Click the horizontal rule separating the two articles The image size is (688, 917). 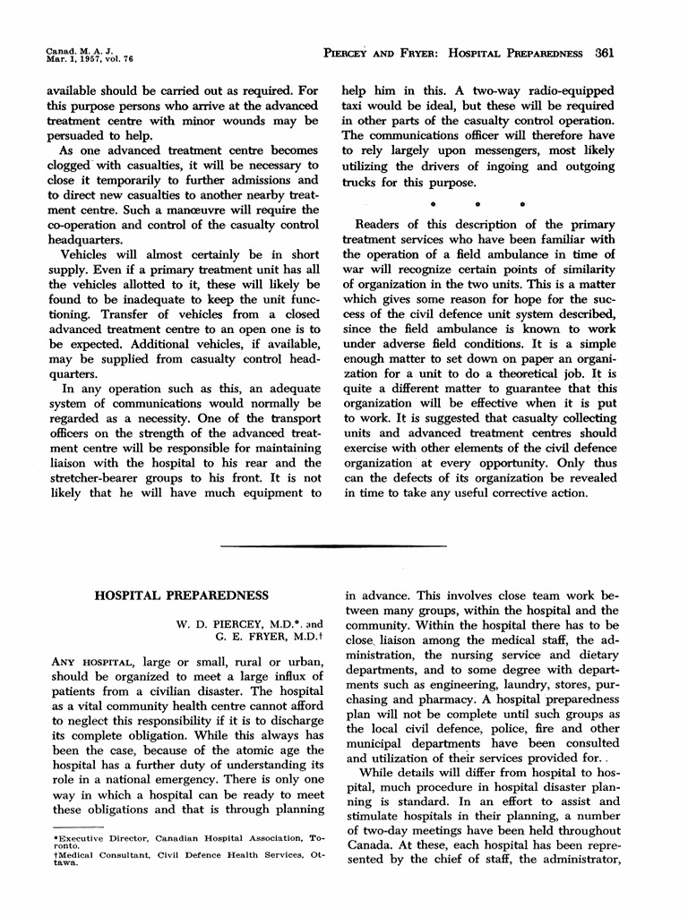pos(333,545)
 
